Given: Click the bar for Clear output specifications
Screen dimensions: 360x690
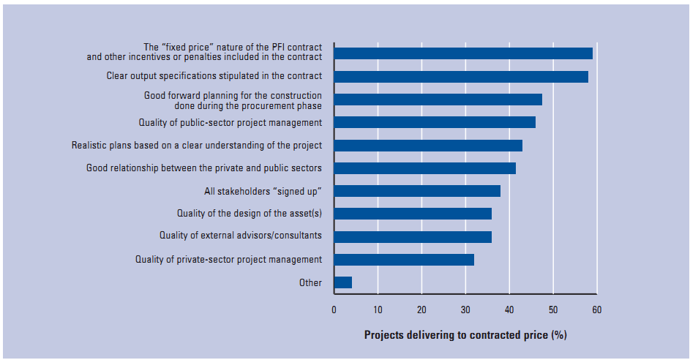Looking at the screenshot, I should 461,76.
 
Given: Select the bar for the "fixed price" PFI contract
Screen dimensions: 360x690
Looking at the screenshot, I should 463,53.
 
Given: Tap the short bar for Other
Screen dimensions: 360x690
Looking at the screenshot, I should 342,282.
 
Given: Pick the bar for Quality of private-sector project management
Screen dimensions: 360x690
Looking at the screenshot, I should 404,259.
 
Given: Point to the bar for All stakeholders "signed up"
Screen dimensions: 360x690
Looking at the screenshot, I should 417,191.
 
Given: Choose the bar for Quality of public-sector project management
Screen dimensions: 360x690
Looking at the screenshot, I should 435,122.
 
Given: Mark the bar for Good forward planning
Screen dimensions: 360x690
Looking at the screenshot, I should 438,100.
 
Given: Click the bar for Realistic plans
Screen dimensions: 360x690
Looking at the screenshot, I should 428,145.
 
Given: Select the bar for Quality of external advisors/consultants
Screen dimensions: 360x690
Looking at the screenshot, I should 413,236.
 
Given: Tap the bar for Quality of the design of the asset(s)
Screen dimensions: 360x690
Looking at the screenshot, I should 413,214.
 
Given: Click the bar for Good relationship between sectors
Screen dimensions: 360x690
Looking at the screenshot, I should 424,168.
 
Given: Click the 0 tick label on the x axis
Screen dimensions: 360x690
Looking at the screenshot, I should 334,310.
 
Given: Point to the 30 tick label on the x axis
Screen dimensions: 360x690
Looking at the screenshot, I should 465,310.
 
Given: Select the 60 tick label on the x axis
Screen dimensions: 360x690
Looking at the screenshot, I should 596,310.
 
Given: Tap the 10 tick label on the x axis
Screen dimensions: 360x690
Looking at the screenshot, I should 378,310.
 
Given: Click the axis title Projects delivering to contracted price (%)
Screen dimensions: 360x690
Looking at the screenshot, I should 465,335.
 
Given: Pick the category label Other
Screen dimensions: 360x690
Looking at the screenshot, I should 310,282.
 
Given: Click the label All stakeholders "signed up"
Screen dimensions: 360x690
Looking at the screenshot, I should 263,192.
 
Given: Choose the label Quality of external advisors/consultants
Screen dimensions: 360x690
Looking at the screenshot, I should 241,236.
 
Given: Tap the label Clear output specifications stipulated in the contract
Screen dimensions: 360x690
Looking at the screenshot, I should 214,76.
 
